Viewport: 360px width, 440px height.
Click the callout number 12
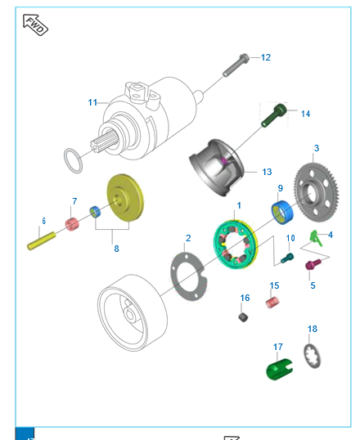tap(265, 57)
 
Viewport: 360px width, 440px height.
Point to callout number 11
tap(92, 102)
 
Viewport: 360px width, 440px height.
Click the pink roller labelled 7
tap(72, 223)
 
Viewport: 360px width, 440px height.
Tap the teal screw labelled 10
tap(287, 258)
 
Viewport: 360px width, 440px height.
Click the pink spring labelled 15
tap(274, 303)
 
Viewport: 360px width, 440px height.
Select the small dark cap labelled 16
tap(244, 317)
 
